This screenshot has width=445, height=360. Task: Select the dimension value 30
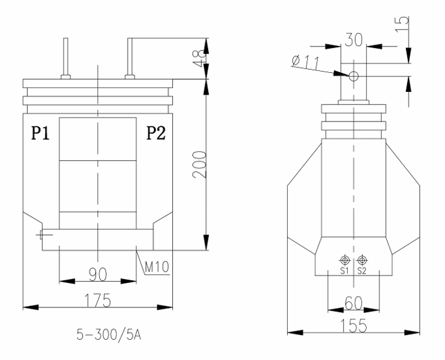point(352,39)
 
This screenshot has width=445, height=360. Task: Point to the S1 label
point(344,271)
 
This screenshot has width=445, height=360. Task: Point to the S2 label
point(363,271)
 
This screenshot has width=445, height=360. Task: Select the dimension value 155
point(354,324)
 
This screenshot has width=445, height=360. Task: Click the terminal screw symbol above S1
point(345,260)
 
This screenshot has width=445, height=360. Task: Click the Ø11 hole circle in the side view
point(352,75)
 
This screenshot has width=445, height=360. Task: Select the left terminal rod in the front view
point(66,57)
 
